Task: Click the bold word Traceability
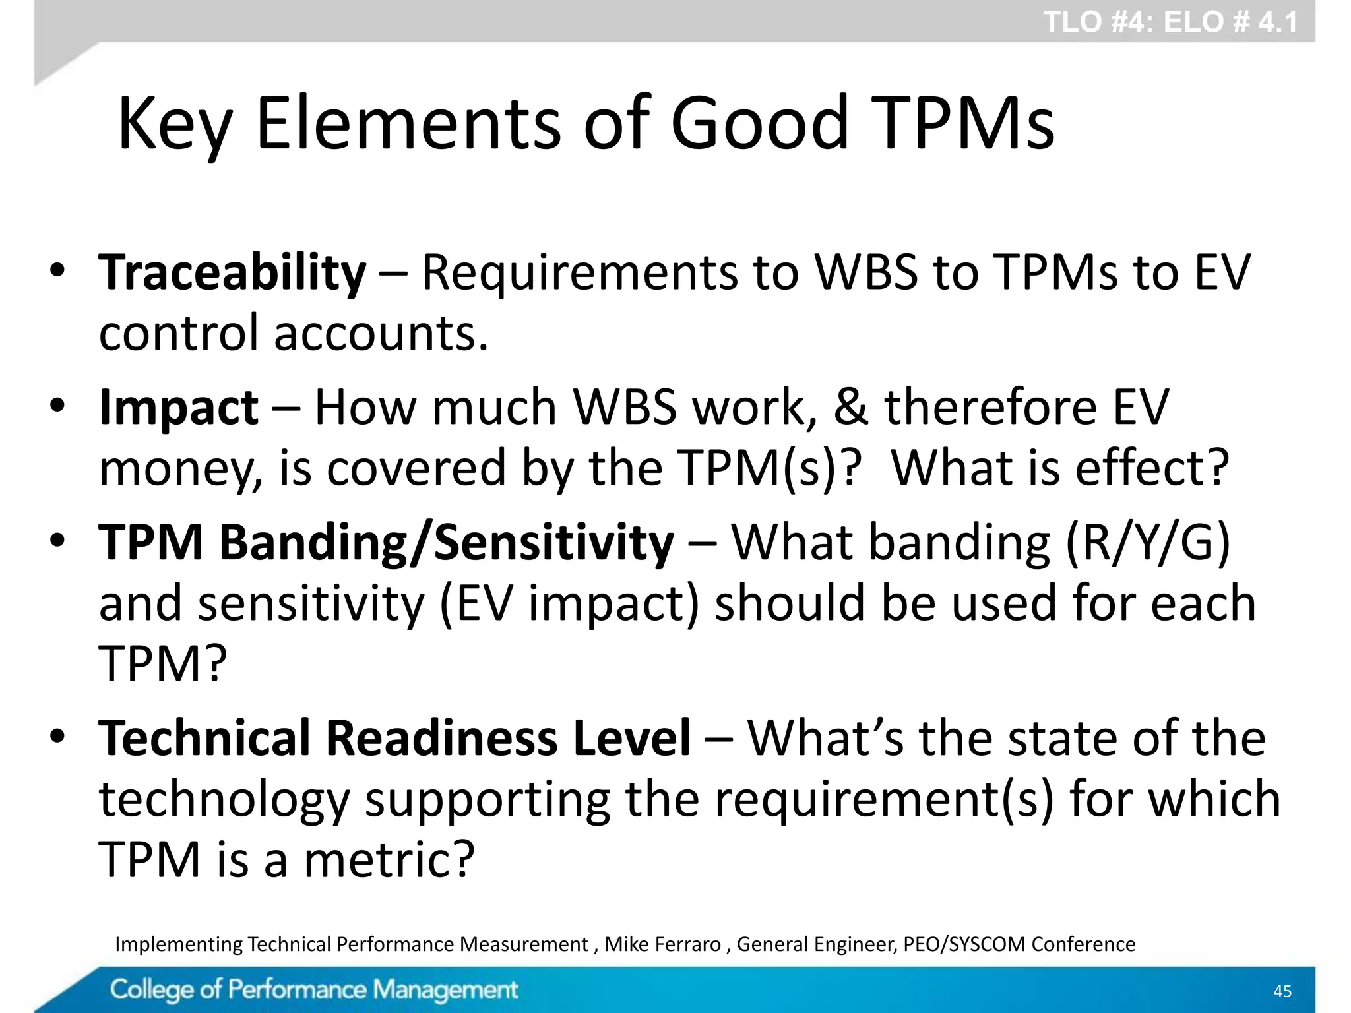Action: point(232,272)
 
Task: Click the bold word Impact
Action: point(178,407)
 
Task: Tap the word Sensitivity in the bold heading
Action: point(554,542)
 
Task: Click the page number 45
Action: point(1282,991)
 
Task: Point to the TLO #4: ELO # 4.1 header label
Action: point(1170,22)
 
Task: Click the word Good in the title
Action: point(759,123)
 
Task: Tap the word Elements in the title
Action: point(408,123)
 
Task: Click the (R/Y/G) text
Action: point(1147,542)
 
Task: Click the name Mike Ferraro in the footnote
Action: point(662,944)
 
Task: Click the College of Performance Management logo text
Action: point(314,990)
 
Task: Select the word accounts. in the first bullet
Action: point(381,333)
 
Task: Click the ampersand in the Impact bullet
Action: point(850,407)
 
